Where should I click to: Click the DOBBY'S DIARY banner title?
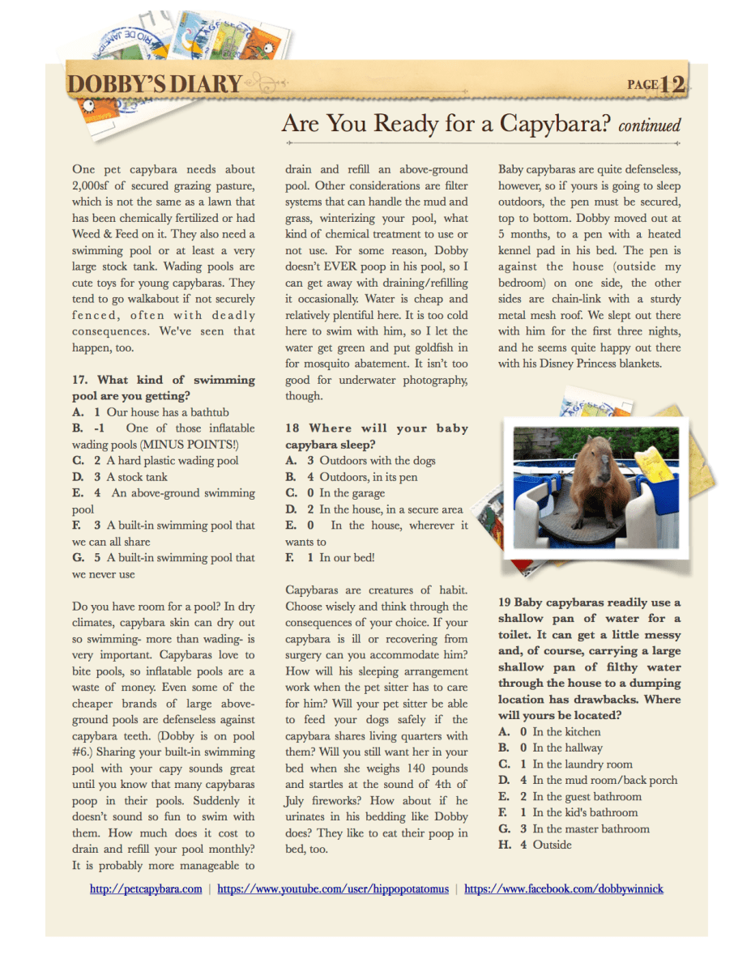click(x=155, y=84)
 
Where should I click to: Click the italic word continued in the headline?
click(x=649, y=126)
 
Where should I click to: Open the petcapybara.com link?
click(x=146, y=889)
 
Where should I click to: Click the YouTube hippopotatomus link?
click(x=333, y=889)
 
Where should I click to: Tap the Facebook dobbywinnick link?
click(x=564, y=889)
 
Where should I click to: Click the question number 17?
click(x=79, y=380)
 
